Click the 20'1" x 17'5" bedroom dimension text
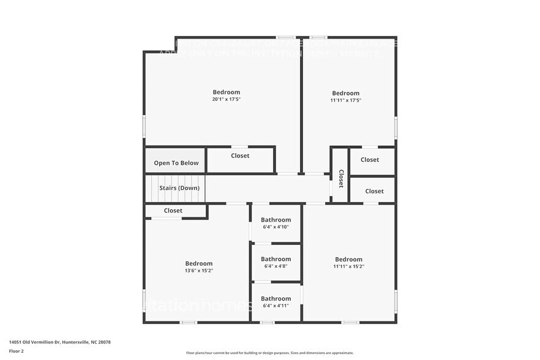[x=226, y=99]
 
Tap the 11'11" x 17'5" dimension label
[x=346, y=100]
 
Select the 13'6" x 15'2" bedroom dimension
[x=199, y=271]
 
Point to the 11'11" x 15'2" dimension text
[x=348, y=266]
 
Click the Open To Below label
[x=176, y=163]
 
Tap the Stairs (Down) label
[x=179, y=188]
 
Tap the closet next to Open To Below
[x=240, y=156]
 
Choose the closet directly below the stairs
[x=173, y=211]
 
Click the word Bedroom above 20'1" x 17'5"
[x=226, y=92]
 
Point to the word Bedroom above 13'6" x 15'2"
[x=199, y=263]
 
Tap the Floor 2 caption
[x=16, y=351]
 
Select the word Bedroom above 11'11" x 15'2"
[x=348, y=259]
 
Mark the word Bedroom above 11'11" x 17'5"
[x=346, y=93]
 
